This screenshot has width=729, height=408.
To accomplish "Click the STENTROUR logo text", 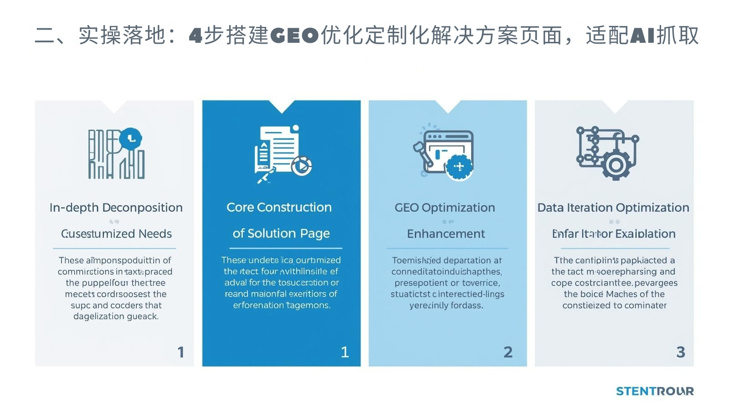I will coord(655,391).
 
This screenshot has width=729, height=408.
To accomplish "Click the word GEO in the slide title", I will coord(294,36).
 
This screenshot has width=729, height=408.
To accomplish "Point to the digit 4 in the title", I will coord(195,36).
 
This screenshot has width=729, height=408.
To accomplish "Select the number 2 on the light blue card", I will coord(508,352).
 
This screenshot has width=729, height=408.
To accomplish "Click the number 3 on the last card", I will coord(681,352).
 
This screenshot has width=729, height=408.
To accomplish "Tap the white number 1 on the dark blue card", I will coord(345,352).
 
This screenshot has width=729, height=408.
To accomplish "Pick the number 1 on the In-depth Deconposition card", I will coord(181,352).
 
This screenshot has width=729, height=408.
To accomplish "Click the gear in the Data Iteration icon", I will coord(616,165).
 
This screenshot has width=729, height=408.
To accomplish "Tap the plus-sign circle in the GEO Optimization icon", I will coord(459,167).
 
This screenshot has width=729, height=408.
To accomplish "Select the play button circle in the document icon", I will coord(302,166).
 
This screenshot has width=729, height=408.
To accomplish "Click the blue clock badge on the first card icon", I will coord(131,138).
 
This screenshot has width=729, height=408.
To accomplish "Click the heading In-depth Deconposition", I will coord(116,208).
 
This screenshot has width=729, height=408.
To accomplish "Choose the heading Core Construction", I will coord(279,207).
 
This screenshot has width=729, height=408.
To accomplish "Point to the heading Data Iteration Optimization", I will coord(613,208).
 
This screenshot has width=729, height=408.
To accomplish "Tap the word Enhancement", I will coord(446,234).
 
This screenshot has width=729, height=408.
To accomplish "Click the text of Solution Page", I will coord(281,234).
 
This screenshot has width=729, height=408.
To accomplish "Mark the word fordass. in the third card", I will coord(467,306).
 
